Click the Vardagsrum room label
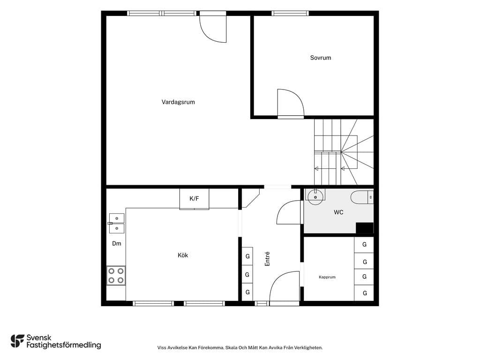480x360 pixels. pos(178,102)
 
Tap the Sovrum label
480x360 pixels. pos(321,58)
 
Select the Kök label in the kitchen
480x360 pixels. pos(183,255)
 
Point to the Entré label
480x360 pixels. pos(267,259)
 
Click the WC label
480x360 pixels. pos(338,212)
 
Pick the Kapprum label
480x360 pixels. pos(327,277)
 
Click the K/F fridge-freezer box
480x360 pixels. pos(194,199)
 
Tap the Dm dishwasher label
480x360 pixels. pos(117,243)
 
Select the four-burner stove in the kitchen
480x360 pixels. pos(116,276)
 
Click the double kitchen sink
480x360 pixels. pos(117,223)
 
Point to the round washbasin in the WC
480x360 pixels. pos(315,197)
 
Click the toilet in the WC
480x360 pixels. pos(362,197)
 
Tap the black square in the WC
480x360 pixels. pos(364,228)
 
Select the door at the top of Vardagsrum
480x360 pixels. pos(213,28)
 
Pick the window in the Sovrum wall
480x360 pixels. pos(290,13)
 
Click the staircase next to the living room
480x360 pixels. pos(344,152)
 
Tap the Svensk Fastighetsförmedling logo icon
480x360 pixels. pos(17,341)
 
